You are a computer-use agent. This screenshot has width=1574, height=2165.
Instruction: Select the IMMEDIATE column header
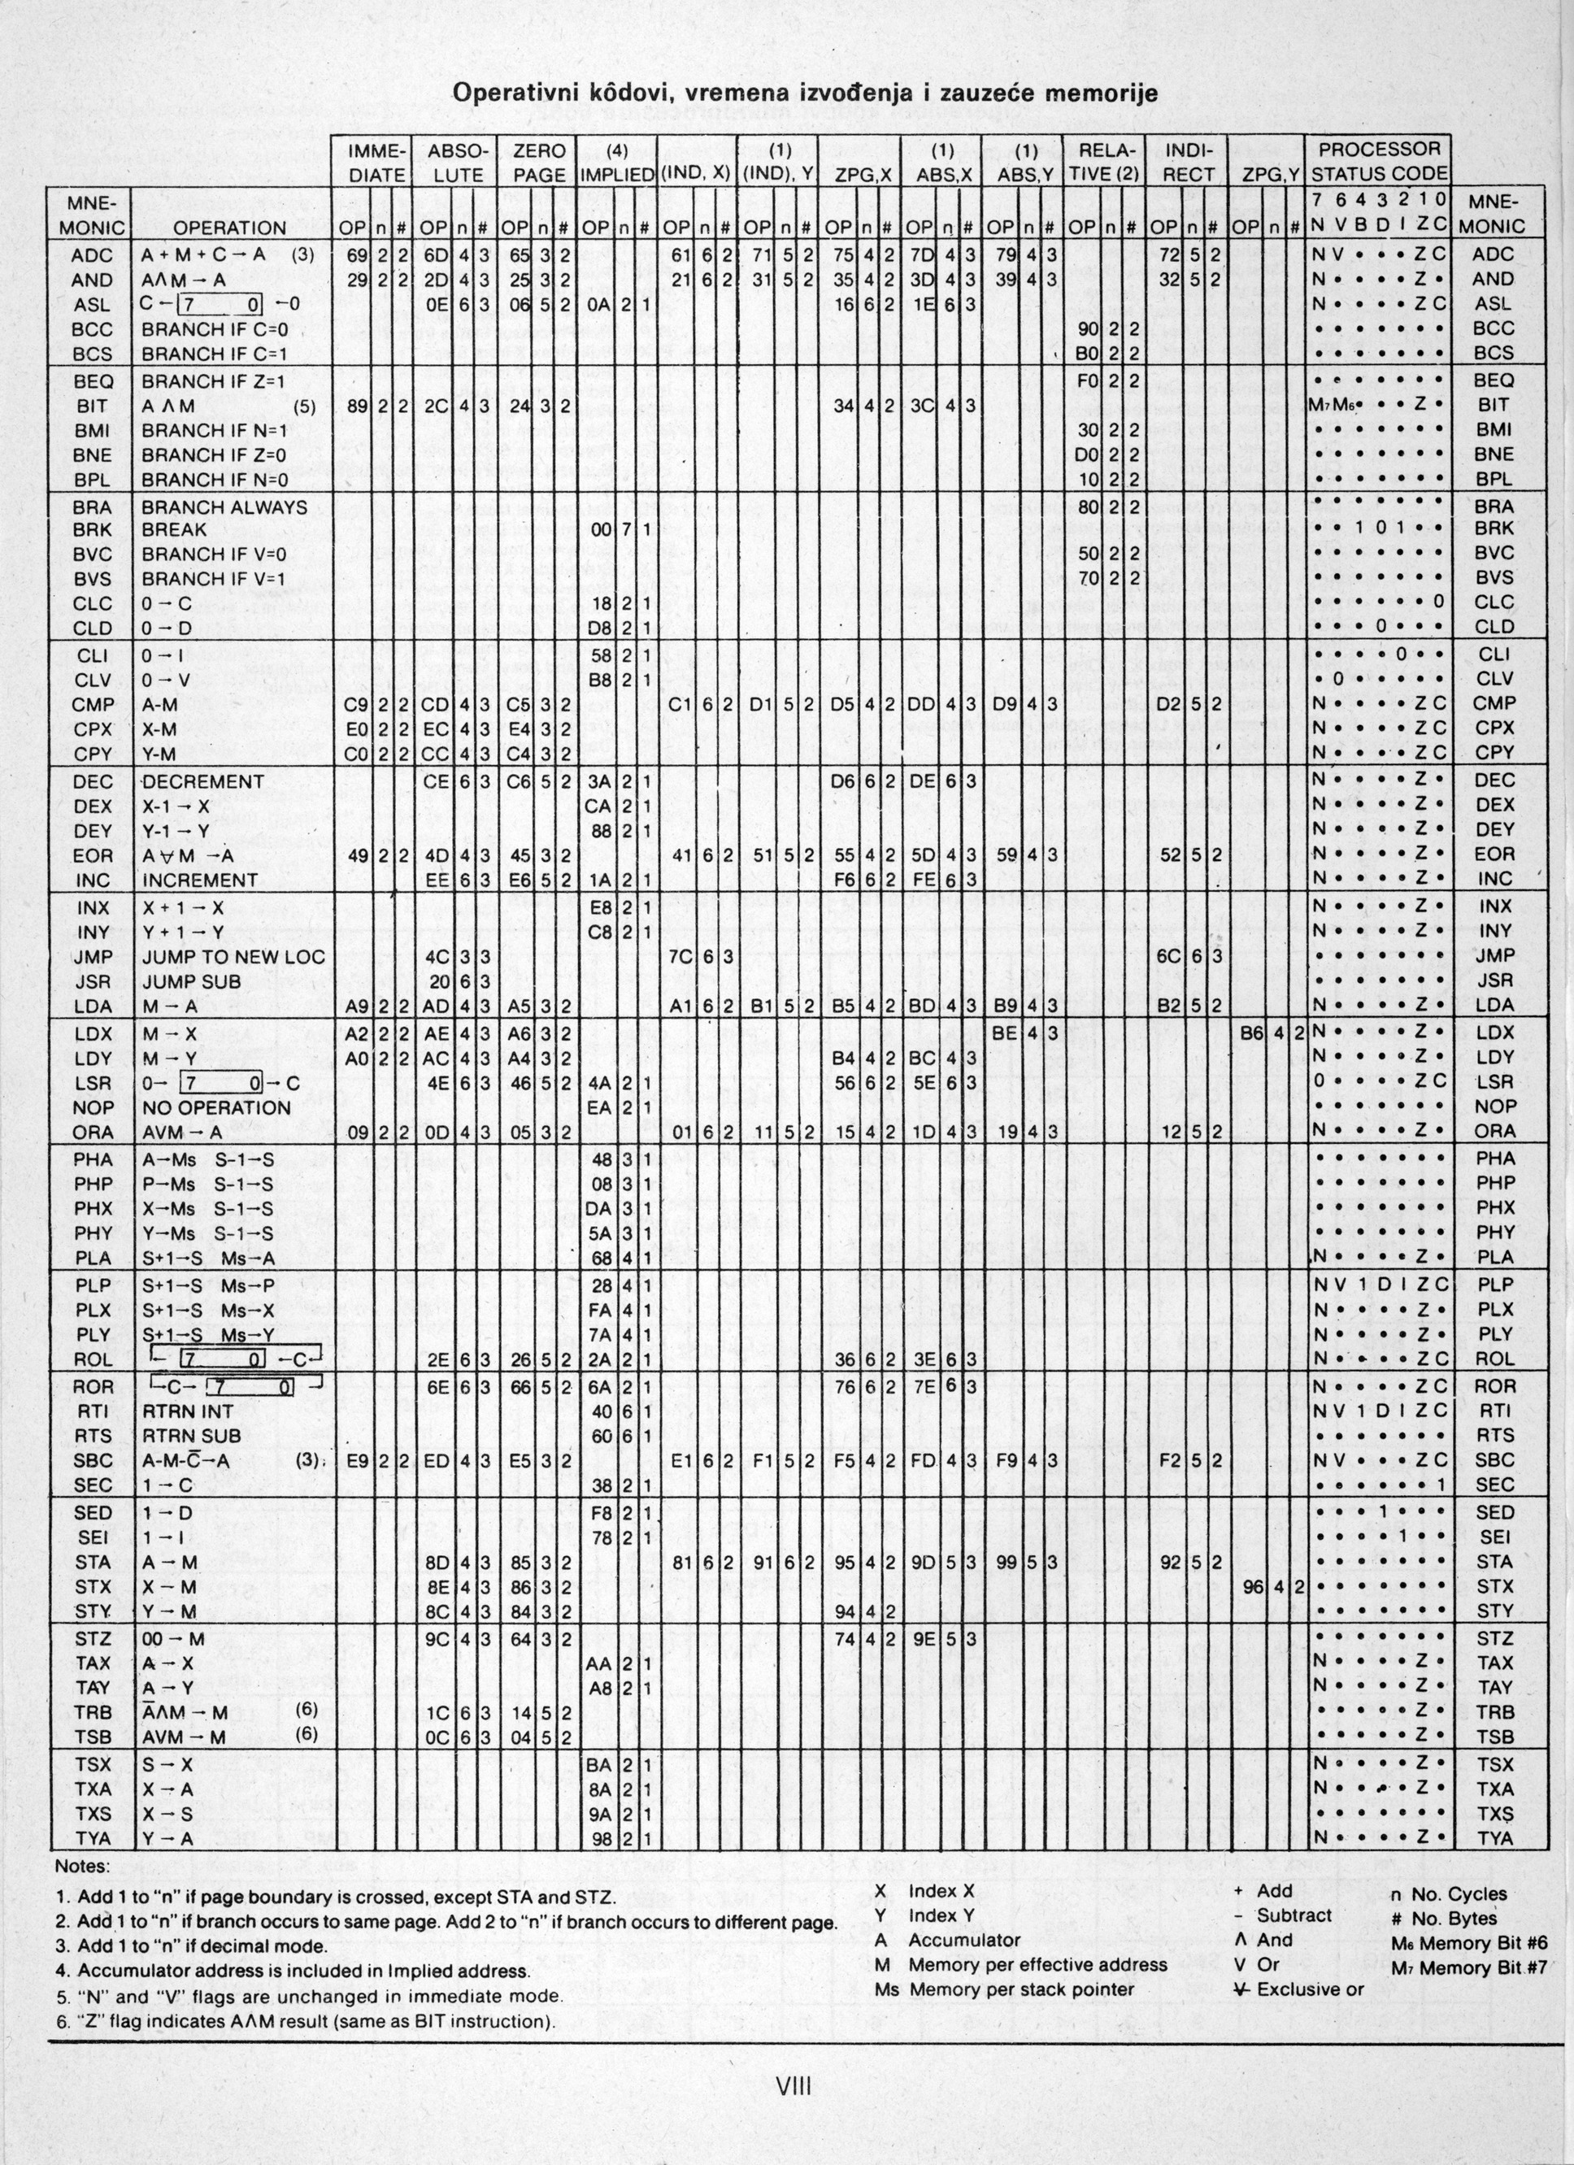[377, 163]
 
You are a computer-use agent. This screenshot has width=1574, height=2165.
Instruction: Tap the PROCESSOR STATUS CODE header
[1378, 163]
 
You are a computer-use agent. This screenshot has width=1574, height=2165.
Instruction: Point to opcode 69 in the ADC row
[357, 255]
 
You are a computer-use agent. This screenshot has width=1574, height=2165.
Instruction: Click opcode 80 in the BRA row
[1088, 506]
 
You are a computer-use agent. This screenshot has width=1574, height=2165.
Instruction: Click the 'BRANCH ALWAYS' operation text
[224, 506]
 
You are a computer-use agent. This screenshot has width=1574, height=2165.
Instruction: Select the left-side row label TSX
[92, 1764]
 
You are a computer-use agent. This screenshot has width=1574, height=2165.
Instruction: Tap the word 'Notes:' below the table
[83, 1865]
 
